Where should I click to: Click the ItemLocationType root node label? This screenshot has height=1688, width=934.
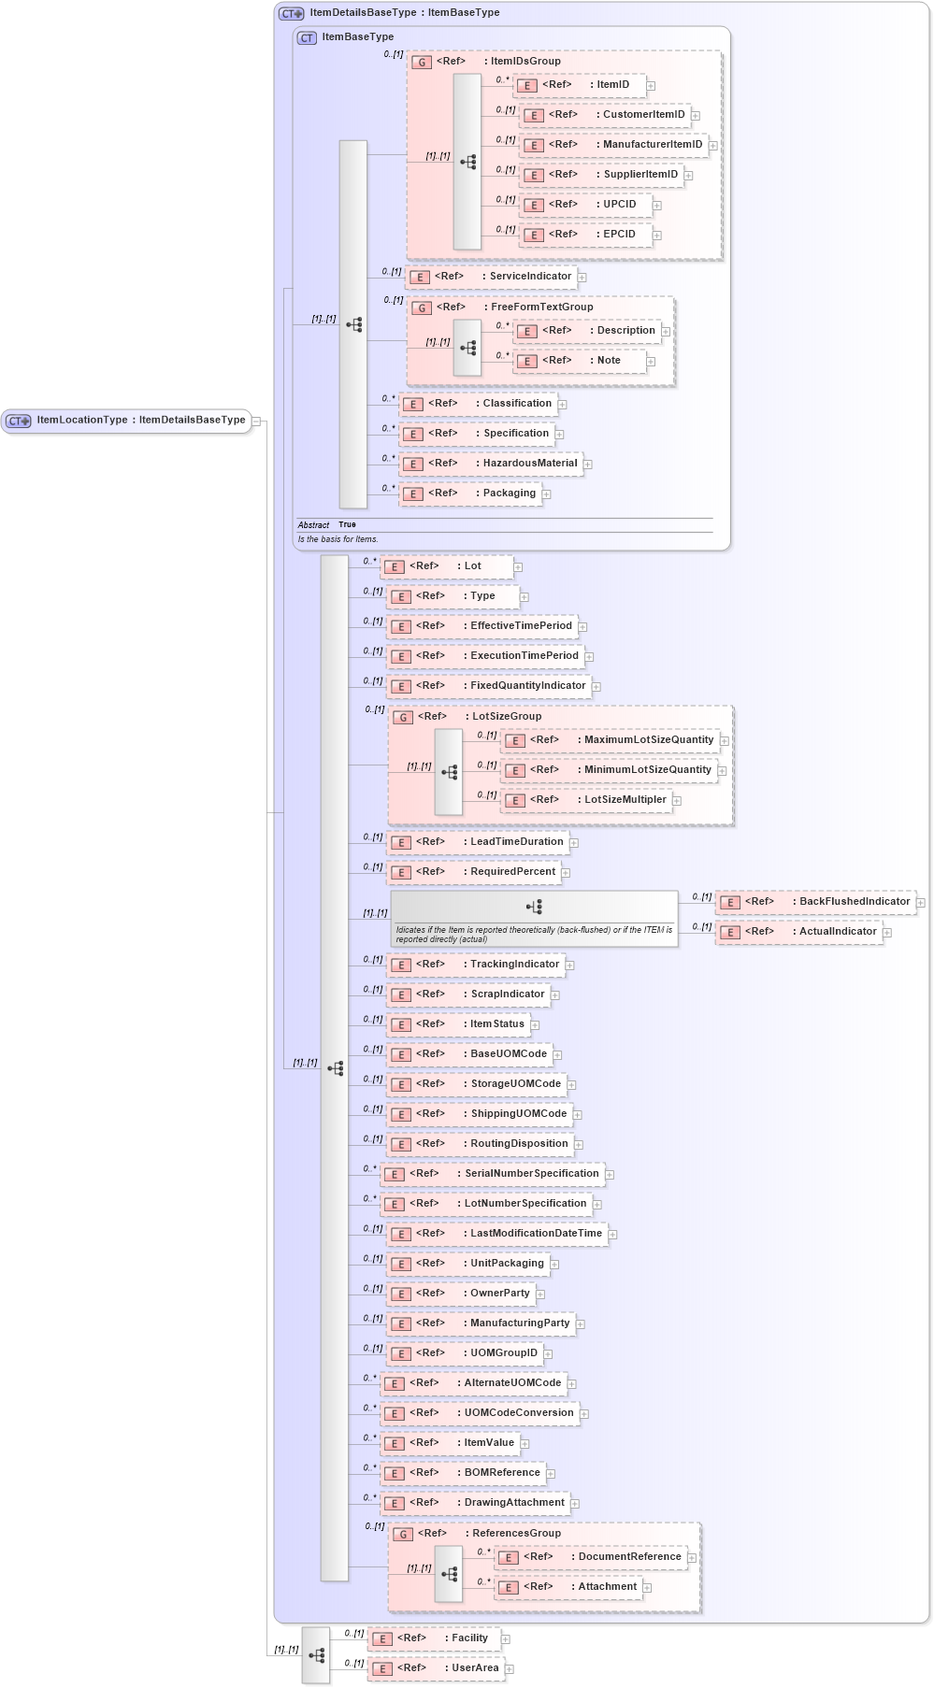(x=140, y=421)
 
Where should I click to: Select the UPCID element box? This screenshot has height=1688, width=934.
(x=589, y=205)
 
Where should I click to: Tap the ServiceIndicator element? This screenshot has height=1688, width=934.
(x=493, y=277)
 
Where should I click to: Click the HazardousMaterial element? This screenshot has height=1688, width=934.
(x=492, y=464)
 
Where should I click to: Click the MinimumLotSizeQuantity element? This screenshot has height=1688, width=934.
(x=610, y=770)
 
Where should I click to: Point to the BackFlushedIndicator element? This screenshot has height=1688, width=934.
(x=815, y=902)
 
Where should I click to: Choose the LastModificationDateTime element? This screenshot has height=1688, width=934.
(x=497, y=1234)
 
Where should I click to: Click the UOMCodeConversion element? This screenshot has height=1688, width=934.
(x=480, y=1413)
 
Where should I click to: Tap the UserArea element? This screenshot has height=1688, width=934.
(x=437, y=1668)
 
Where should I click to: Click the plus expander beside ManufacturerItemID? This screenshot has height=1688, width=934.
(x=712, y=146)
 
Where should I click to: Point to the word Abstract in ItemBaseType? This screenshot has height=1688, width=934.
(x=313, y=525)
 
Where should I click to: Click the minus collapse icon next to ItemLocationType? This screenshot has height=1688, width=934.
(x=255, y=422)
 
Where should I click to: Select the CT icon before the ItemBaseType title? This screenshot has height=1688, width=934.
(x=307, y=38)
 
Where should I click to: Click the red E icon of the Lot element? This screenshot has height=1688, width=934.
(x=395, y=567)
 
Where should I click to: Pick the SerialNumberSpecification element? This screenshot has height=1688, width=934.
(x=492, y=1174)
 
